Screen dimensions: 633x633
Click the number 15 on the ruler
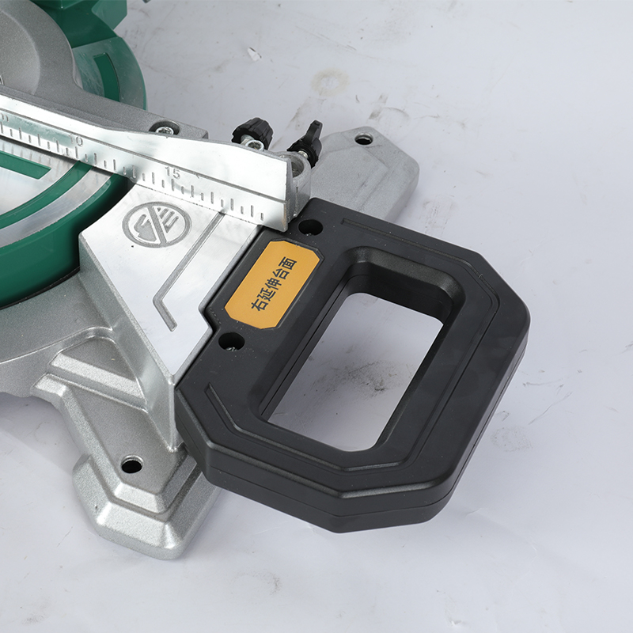point(172,172)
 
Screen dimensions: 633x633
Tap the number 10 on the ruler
point(76,142)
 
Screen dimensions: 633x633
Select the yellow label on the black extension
point(272,284)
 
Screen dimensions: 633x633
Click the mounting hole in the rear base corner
point(364,140)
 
